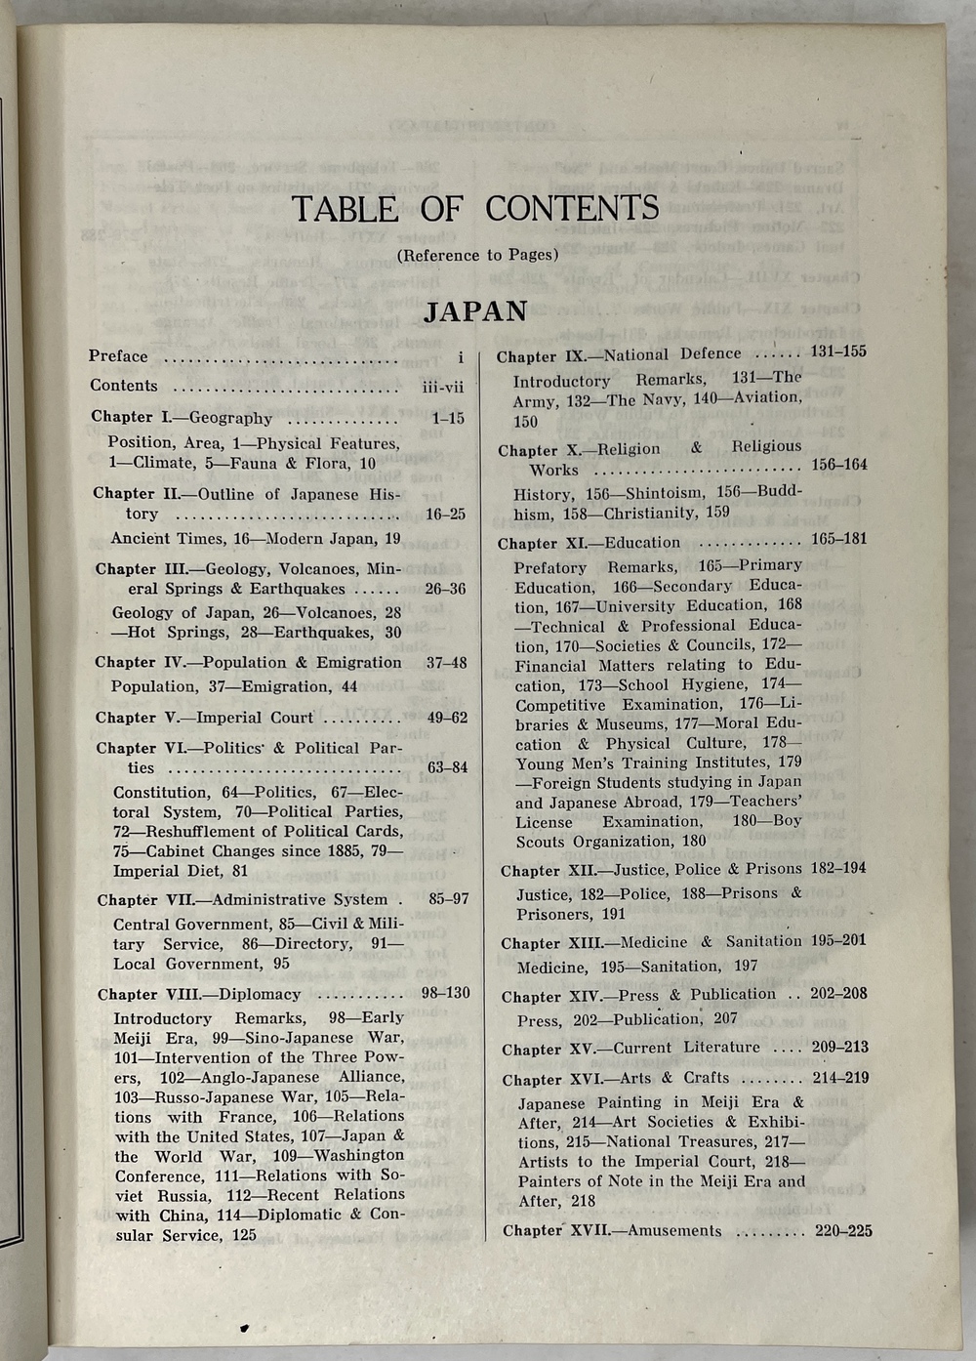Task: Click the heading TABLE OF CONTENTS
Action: point(475,208)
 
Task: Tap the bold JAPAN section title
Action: point(475,310)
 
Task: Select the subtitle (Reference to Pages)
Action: point(477,255)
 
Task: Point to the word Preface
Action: point(118,356)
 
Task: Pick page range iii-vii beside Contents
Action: point(442,387)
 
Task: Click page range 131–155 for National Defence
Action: point(838,351)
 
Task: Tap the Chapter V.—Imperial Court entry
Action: point(204,718)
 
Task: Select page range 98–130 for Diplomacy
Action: point(445,993)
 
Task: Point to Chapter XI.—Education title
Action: point(589,543)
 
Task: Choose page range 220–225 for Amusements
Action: point(843,1230)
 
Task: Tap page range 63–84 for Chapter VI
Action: point(447,767)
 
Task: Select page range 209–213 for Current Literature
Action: point(839,1048)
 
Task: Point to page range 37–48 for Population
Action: point(446,663)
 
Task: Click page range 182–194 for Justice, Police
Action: point(838,868)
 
